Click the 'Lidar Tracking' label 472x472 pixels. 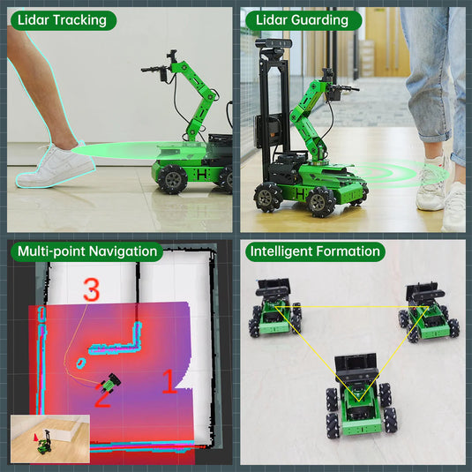tap(62, 20)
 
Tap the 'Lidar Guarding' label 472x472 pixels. tap(302, 20)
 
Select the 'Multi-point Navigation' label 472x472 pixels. tap(87, 251)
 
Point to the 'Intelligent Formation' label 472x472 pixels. tap(315, 251)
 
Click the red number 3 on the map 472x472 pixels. tap(91, 289)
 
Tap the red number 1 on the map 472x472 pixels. tap(169, 381)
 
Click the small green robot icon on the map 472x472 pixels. tap(110, 382)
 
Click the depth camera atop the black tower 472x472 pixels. tap(273, 44)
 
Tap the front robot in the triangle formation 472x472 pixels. tap(361, 397)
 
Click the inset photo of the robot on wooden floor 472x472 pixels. tap(50, 438)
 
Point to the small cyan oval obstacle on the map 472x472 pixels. tap(80, 363)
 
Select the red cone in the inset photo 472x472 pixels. tap(35, 437)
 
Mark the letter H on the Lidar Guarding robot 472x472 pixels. tap(300, 194)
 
